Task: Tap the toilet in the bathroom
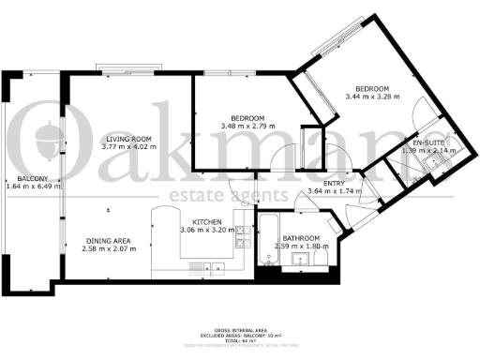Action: coord(322,259)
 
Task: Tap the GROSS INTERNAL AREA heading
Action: coord(239,333)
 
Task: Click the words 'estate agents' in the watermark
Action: coord(229,195)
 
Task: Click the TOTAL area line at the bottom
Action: coord(239,344)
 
